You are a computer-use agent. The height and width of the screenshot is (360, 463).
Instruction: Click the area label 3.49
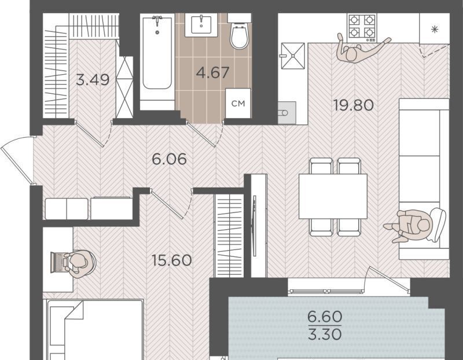(93, 79)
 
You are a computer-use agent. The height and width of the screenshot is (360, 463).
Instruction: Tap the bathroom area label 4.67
(212, 73)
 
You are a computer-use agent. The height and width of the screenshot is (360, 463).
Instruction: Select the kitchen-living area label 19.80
(354, 105)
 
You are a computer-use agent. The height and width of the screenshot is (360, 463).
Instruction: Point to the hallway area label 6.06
(169, 159)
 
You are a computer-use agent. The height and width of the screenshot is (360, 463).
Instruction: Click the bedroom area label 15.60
(171, 260)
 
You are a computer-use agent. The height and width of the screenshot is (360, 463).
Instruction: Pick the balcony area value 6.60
(325, 317)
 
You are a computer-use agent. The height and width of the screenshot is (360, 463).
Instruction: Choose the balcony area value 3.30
(325, 335)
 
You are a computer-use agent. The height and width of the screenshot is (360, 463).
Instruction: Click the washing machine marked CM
(238, 104)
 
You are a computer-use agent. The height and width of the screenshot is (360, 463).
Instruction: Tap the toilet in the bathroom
(238, 32)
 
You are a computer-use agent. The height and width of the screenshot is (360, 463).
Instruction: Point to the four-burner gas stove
(362, 27)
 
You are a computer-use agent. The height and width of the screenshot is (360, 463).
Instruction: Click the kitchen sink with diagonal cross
(293, 56)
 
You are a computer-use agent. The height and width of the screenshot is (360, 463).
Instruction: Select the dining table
(333, 196)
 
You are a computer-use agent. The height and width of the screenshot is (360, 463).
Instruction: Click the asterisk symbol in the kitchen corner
(435, 30)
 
